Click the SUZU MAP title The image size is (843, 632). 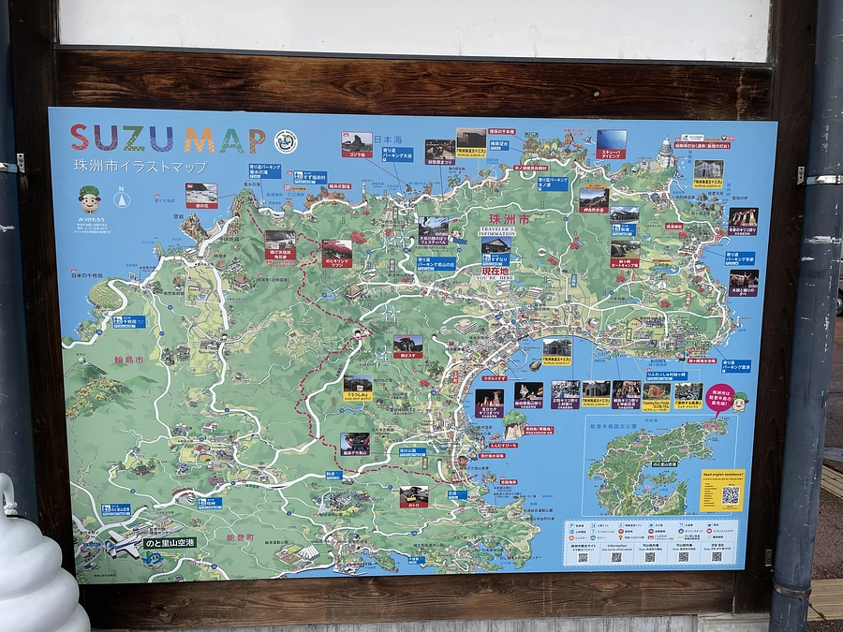coord(169,140)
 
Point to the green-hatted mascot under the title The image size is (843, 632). coord(89,199)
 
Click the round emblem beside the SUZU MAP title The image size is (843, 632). coord(286,141)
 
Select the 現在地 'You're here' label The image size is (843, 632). coord(495,271)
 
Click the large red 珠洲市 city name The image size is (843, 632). coord(510,219)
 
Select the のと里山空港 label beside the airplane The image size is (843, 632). coord(170,542)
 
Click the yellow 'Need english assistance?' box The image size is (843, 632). coord(721,490)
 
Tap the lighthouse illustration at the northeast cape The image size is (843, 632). coord(665,153)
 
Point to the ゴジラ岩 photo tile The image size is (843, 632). coord(356,144)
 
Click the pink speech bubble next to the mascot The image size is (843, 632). coord(719,399)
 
